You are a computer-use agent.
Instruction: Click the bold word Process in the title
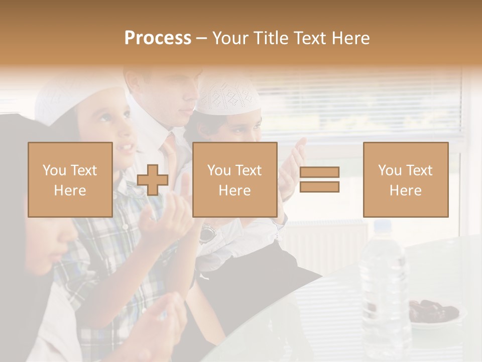pos(158,38)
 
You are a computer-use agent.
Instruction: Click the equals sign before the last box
pos(319,179)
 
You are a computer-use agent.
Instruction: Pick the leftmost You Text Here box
pos(70,179)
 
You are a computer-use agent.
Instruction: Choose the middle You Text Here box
pos(234,179)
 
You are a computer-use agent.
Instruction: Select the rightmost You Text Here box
pos(405,179)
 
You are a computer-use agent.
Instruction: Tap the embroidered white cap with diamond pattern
pos(229,96)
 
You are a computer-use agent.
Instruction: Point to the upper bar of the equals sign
pos(319,172)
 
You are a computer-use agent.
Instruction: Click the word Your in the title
pos(230,38)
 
